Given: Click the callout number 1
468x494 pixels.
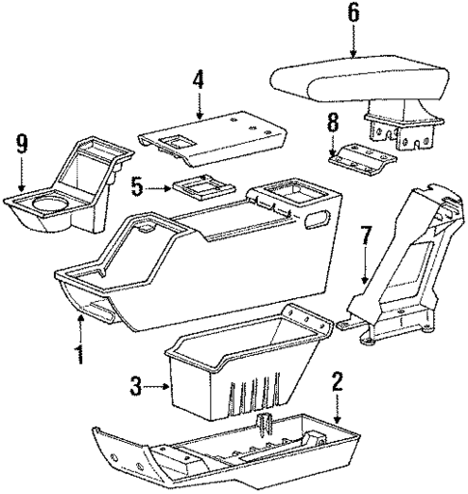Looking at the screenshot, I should [78, 353].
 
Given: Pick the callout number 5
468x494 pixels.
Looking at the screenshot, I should [138, 186].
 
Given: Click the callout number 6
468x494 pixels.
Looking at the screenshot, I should [353, 14].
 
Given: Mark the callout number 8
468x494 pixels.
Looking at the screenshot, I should [334, 123].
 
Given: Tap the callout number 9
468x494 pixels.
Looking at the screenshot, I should [21, 145].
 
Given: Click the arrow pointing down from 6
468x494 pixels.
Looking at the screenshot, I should [353, 42].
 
